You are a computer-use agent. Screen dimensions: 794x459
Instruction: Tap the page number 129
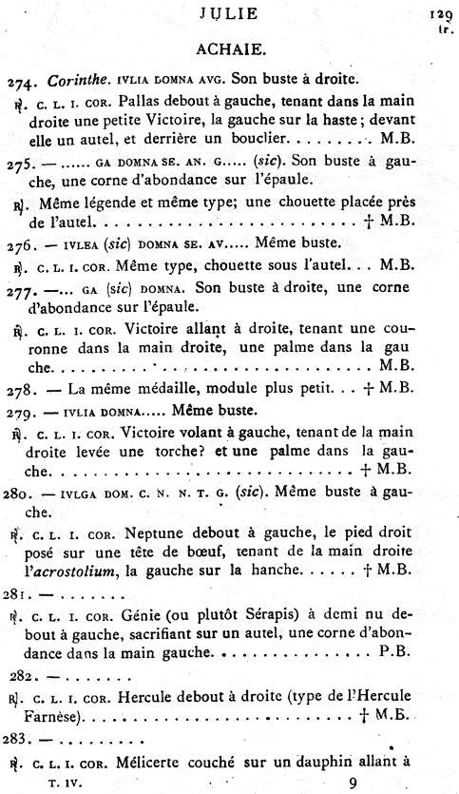pos(439,14)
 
